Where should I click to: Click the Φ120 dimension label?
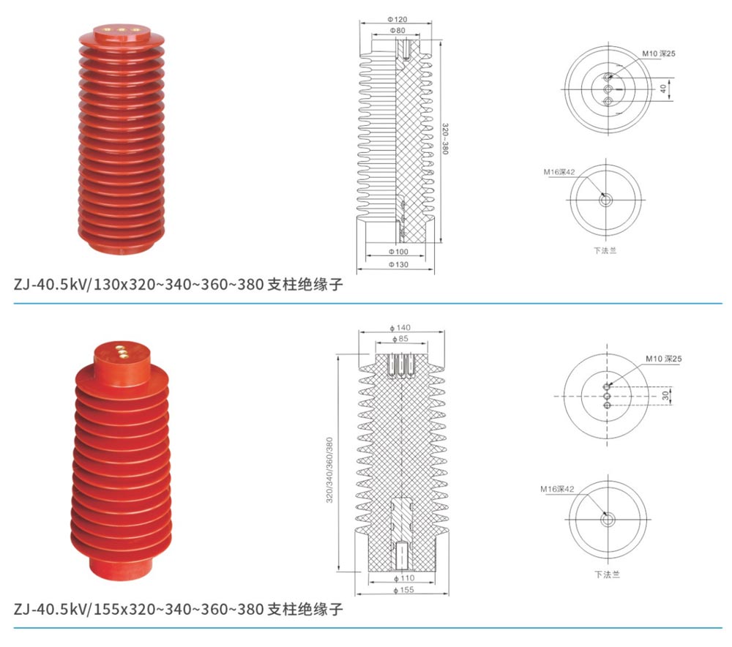coord(397,19)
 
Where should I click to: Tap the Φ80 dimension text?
coord(397,30)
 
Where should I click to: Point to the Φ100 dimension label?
coord(398,252)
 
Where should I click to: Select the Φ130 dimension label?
coord(398,265)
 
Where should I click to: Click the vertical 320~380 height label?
coord(445,138)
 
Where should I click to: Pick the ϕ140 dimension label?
coord(400,328)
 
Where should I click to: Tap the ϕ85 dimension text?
coord(400,338)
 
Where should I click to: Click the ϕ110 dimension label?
coord(404,578)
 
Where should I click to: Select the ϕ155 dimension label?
coord(404,590)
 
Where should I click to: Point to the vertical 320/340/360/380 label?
coord(329,470)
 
